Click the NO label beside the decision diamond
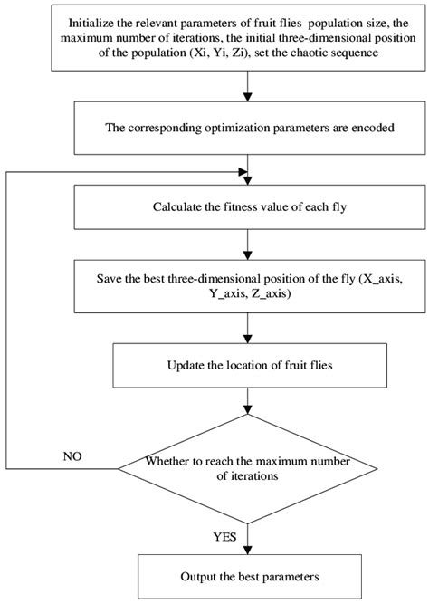[x=72, y=456]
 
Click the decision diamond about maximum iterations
[x=246, y=468]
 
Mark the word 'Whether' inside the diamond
[x=166, y=461]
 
